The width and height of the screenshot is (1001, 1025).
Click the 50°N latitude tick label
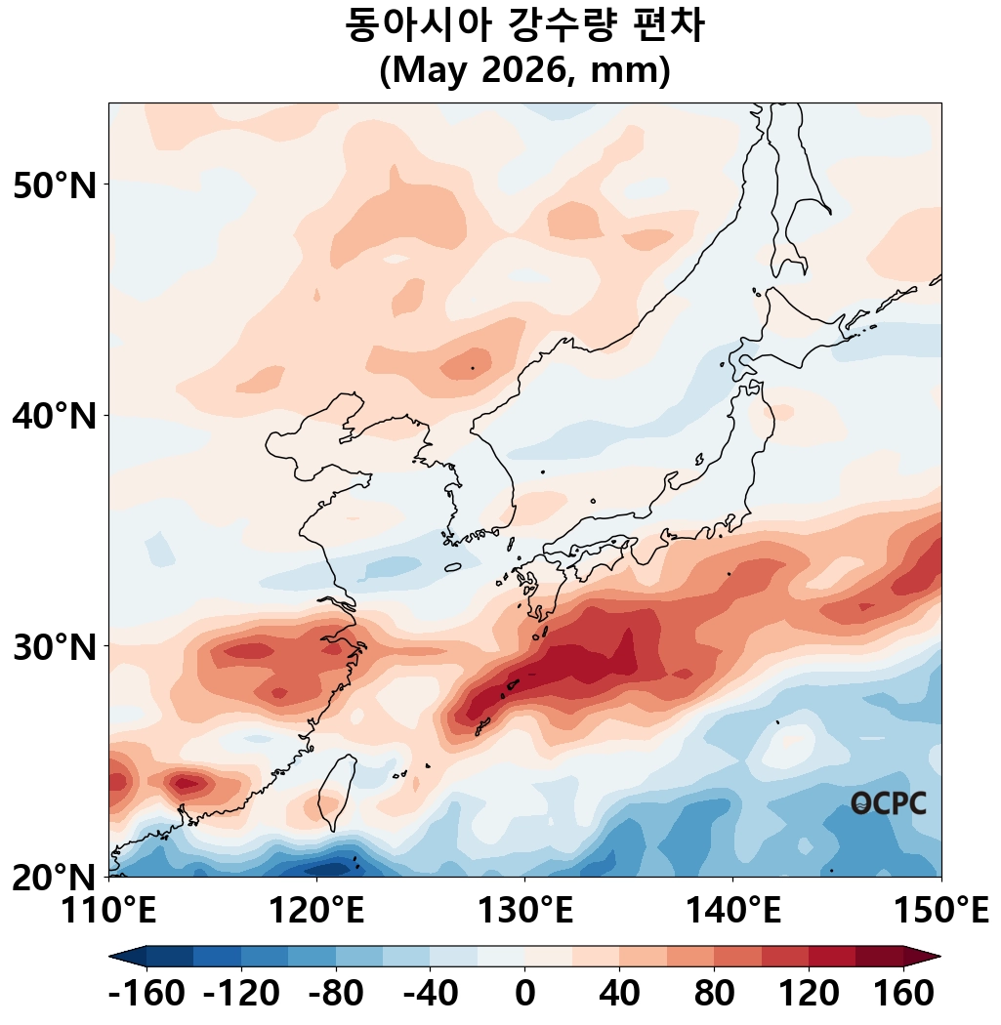pyautogui.click(x=56, y=184)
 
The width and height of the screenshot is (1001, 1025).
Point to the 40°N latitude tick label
pyautogui.click(x=56, y=416)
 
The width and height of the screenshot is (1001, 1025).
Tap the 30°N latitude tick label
pyautogui.click(x=56, y=646)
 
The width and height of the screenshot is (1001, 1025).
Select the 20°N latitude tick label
pyautogui.click(x=56, y=877)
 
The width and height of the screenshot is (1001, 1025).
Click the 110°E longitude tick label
pyautogui.click(x=108, y=912)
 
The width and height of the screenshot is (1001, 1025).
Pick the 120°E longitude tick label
pyautogui.click(x=316, y=912)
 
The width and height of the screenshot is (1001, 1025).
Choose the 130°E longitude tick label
pyautogui.click(x=524, y=912)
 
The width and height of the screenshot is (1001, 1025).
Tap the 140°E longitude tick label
pyautogui.click(x=732, y=912)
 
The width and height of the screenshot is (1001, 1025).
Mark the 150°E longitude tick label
pyautogui.click(x=941, y=912)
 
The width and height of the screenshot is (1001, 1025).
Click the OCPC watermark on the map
pyautogui.click(x=888, y=803)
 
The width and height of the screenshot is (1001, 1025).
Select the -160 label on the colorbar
pyautogui.click(x=146, y=995)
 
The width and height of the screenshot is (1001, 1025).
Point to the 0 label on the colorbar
pyautogui.click(x=524, y=995)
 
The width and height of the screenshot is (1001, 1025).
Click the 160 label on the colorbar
pyautogui.click(x=903, y=995)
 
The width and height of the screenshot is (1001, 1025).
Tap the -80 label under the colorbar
pyautogui.click(x=335, y=995)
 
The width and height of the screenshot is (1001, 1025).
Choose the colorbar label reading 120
pyautogui.click(x=809, y=995)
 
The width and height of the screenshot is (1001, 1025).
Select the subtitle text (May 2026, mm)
pyautogui.click(x=524, y=71)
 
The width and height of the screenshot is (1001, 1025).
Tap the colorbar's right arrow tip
pyautogui.click(x=939, y=956)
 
